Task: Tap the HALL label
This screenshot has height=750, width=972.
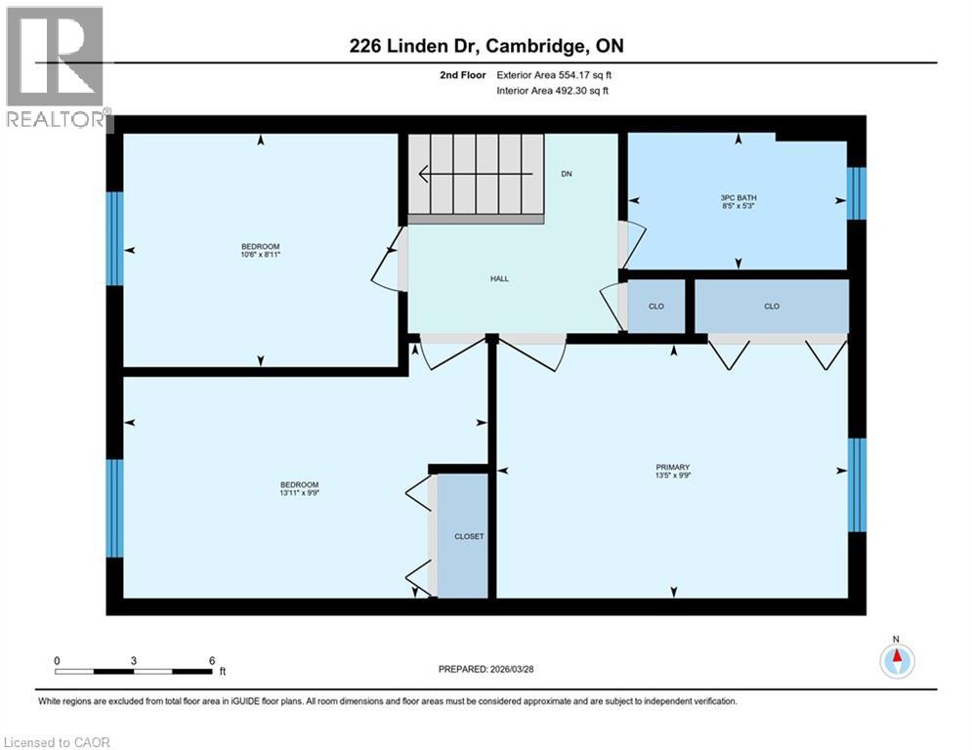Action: pyautogui.click(x=499, y=278)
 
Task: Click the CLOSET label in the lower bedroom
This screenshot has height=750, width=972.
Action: pyautogui.click(x=468, y=536)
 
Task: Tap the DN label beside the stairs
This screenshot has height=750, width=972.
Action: pyautogui.click(x=566, y=175)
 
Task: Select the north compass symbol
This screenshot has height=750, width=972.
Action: pyautogui.click(x=896, y=661)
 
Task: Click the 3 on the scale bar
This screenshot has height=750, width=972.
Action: pyautogui.click(x=133, y=661)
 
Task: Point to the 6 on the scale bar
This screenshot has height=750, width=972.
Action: pyautogui.click(x=211, y=661)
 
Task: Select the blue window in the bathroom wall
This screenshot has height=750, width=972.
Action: pyautogui.click(x=856, y=193)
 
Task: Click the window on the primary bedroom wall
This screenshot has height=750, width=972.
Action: pyautogui.click(x=856, y=484)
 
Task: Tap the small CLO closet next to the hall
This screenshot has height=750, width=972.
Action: pyautogui.click(x=656, y=307)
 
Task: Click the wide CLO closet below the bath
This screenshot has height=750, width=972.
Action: pyautogui.click(x=771, y=307)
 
